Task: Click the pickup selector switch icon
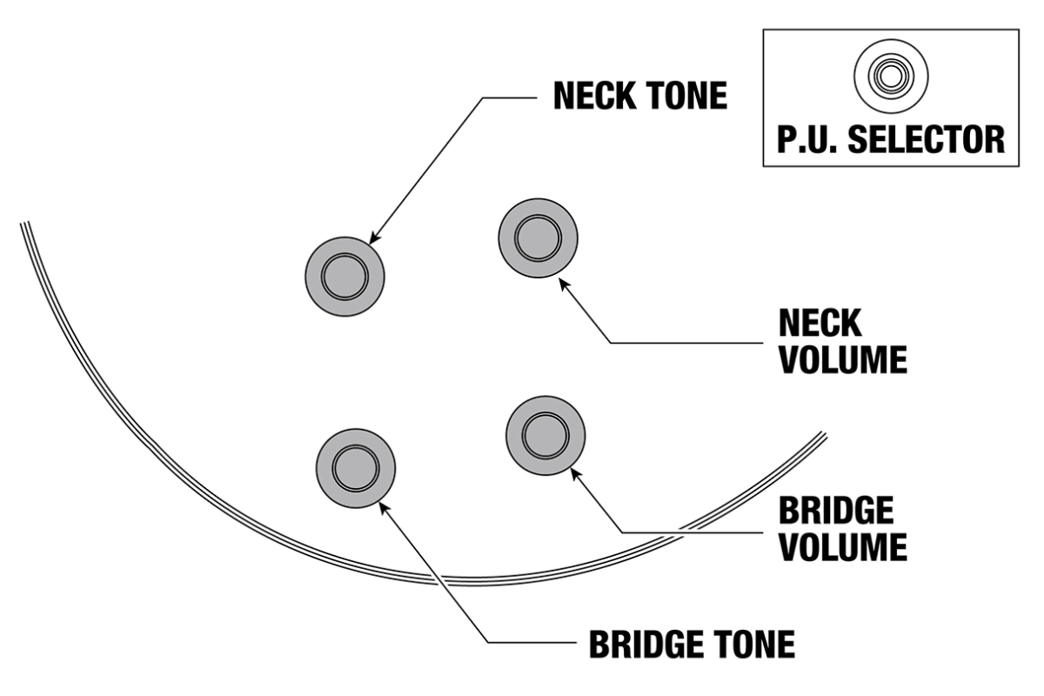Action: point(890,76)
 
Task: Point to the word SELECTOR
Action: point(925,139)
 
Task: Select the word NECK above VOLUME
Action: point(820,323)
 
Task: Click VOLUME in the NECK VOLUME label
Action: point(842,358)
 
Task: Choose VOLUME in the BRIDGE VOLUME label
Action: point(842,547)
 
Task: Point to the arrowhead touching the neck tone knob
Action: point(375,238)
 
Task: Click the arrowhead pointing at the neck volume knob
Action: point(564,283)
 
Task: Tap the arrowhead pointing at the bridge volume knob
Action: point(574,472)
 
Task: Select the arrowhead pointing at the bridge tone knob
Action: point(383,506)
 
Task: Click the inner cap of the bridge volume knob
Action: point(545,434)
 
